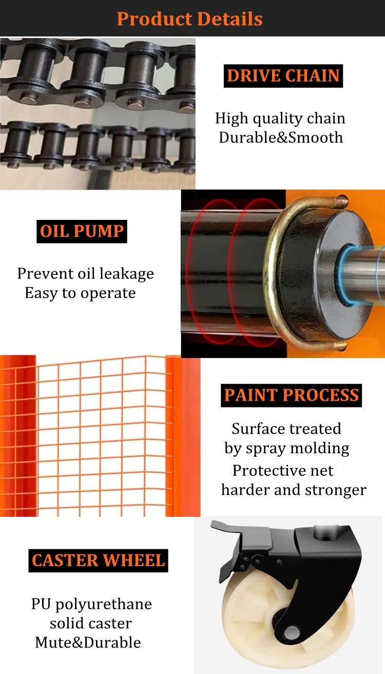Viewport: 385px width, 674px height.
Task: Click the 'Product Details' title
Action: click(x=189, y=18)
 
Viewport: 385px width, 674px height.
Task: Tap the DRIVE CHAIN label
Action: click(x=283, y=76)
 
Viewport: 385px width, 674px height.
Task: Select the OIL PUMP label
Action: click(x=82, y=231)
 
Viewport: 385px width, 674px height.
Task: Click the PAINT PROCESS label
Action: click(x=291, y=396)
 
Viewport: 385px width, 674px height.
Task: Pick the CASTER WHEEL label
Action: click(x=99, y=560)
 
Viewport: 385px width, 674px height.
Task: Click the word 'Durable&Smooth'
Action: click(x=281, y=138)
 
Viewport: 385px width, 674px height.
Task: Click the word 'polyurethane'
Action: click(x=104, y=605)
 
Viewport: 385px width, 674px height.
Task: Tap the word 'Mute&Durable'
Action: click(x=88, y=643)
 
